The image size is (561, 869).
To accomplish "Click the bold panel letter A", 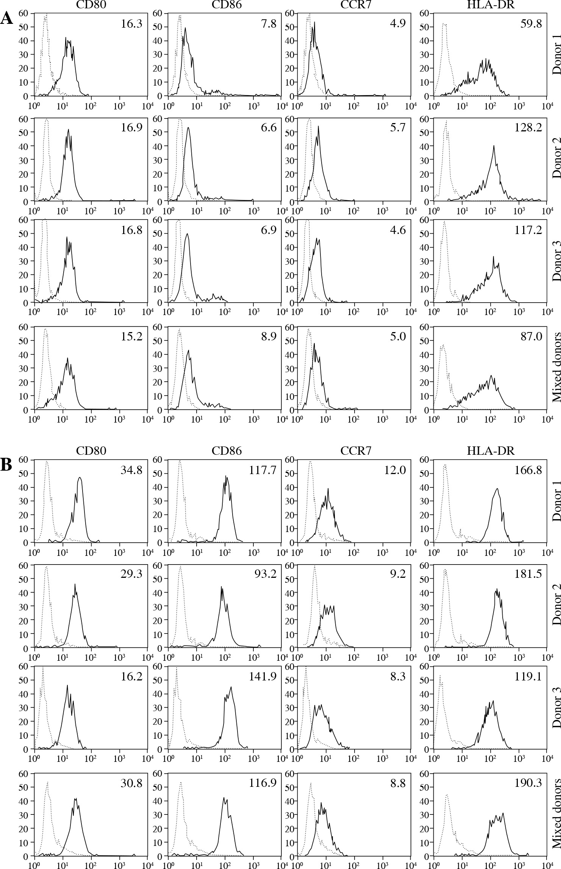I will point(7,18).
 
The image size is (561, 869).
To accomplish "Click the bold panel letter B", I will point(6,465).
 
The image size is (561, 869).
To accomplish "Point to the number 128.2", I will point(528,127).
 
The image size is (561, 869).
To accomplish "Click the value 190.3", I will point(528,780).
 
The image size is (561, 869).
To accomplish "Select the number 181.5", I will point(528,573).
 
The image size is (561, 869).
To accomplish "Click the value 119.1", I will point(528,677).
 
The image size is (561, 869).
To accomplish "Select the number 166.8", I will point(528,470).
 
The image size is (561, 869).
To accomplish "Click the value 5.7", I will point(397,127).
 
